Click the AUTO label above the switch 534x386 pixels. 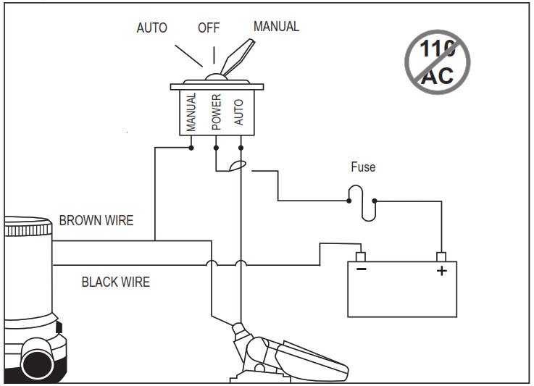click(151, 28)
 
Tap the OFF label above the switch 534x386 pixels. click(209, 28)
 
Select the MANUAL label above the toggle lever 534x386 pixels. click(275, 27)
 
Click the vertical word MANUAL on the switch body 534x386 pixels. click(191, 112)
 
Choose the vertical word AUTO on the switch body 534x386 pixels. click(240, 112)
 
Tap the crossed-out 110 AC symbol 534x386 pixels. click(437, 61)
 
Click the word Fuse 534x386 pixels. click(363, 167)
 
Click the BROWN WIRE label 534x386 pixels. click(96, 221)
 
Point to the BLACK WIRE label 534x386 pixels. click(115, 282)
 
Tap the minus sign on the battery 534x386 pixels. click(361, 270)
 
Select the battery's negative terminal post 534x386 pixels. click(360, 256)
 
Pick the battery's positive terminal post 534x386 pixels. click(440, 256)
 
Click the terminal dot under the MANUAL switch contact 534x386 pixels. click(191, 147)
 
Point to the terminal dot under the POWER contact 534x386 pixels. click(216, 147)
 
